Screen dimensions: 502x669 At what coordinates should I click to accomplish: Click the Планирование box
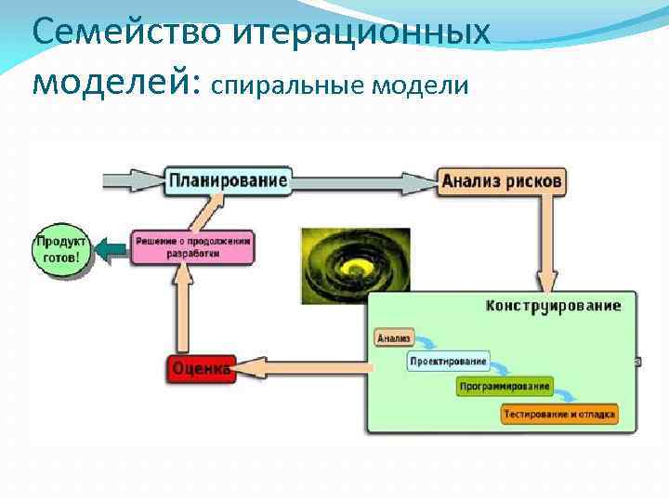(227, 179)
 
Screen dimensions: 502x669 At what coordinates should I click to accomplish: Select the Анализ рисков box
(501, 181)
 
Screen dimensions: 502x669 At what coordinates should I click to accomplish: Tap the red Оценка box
(199, 369)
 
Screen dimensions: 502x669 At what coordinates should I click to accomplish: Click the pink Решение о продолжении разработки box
(191, 246)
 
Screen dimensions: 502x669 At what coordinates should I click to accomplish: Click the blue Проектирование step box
(448, 362)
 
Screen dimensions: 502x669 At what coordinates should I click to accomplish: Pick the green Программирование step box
(505, 386)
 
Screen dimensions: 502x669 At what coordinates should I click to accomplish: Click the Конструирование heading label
(554, 306)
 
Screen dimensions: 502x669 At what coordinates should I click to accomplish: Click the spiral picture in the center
(355, 265)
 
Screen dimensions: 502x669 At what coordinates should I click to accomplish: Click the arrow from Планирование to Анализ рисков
(362, 180)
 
